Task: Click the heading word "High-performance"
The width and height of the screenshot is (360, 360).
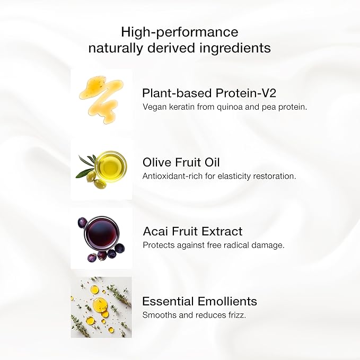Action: click(180, 32)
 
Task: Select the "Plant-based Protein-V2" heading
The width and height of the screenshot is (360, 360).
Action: click(209, 93)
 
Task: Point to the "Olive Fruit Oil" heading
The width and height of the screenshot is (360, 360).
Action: click(181, 162)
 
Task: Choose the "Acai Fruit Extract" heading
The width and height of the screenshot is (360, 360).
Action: click(192, 232)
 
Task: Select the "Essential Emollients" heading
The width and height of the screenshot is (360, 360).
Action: click(199, 302)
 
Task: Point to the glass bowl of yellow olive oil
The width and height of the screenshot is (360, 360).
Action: click(111, 165)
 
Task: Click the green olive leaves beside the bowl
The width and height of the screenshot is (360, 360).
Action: click(85, 165)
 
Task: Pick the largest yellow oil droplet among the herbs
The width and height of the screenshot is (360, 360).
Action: click(99, 304)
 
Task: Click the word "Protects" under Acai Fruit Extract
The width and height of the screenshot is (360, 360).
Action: click(157, 245)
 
